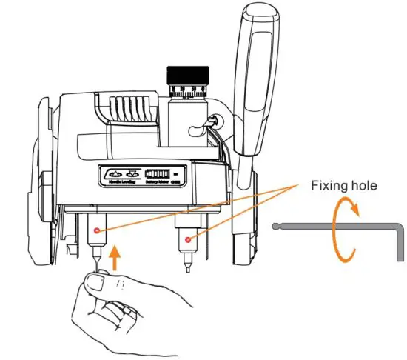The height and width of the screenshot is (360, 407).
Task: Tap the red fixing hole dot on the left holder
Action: [x=96, y=232]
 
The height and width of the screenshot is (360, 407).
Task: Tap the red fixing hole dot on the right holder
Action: [x=189, y=239]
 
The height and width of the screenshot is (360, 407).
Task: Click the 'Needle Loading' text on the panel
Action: [x=120, y=180]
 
